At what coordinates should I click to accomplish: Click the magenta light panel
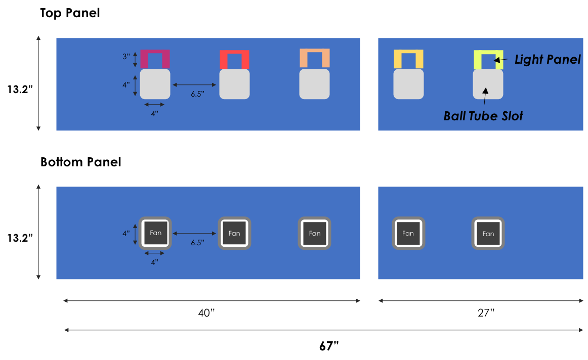click(x=155, y=53)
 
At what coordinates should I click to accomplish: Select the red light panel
click(x=234, y=53)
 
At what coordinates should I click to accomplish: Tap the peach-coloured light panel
click(x=314, y=52)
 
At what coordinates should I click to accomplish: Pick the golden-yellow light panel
click(x=408, y=53)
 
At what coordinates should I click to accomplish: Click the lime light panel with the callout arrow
click(x=488, y=53)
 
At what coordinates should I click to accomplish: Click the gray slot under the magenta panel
click(x=155, y=84)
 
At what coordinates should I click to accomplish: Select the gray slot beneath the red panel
click(x=234, y=84)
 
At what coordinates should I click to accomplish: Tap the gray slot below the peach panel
click(x=314, y=84)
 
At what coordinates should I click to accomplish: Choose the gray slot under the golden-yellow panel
click(x=408, y=84)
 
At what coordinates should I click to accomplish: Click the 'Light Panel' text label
click(x=548, y=60)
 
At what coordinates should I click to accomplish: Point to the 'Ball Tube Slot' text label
click(x=483, y=116)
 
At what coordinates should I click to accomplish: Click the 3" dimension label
click(x=127, y=57)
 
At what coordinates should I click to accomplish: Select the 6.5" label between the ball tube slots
click(x=197, y=94)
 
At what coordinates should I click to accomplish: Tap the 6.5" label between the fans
click(x=197, y=243)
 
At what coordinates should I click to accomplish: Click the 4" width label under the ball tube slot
click(x=154, y=114)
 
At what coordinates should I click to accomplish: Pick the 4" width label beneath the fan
click(x=154, y=262)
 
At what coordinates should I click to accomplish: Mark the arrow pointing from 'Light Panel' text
click(x=500, y=60)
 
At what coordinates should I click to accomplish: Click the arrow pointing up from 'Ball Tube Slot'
click(x=485, y=96)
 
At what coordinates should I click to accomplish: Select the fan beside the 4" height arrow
click(x=155, y=233)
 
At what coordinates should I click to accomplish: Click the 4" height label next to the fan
click(x=127, y=234)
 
